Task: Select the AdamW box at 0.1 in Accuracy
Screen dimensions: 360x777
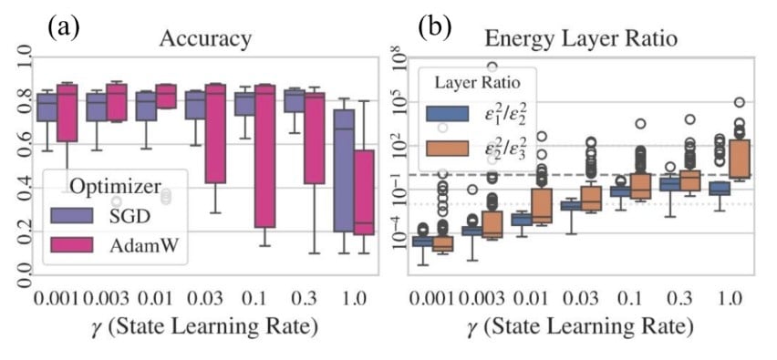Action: coord(265,156)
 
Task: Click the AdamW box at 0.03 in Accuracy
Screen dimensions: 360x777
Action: coord(216,133)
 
